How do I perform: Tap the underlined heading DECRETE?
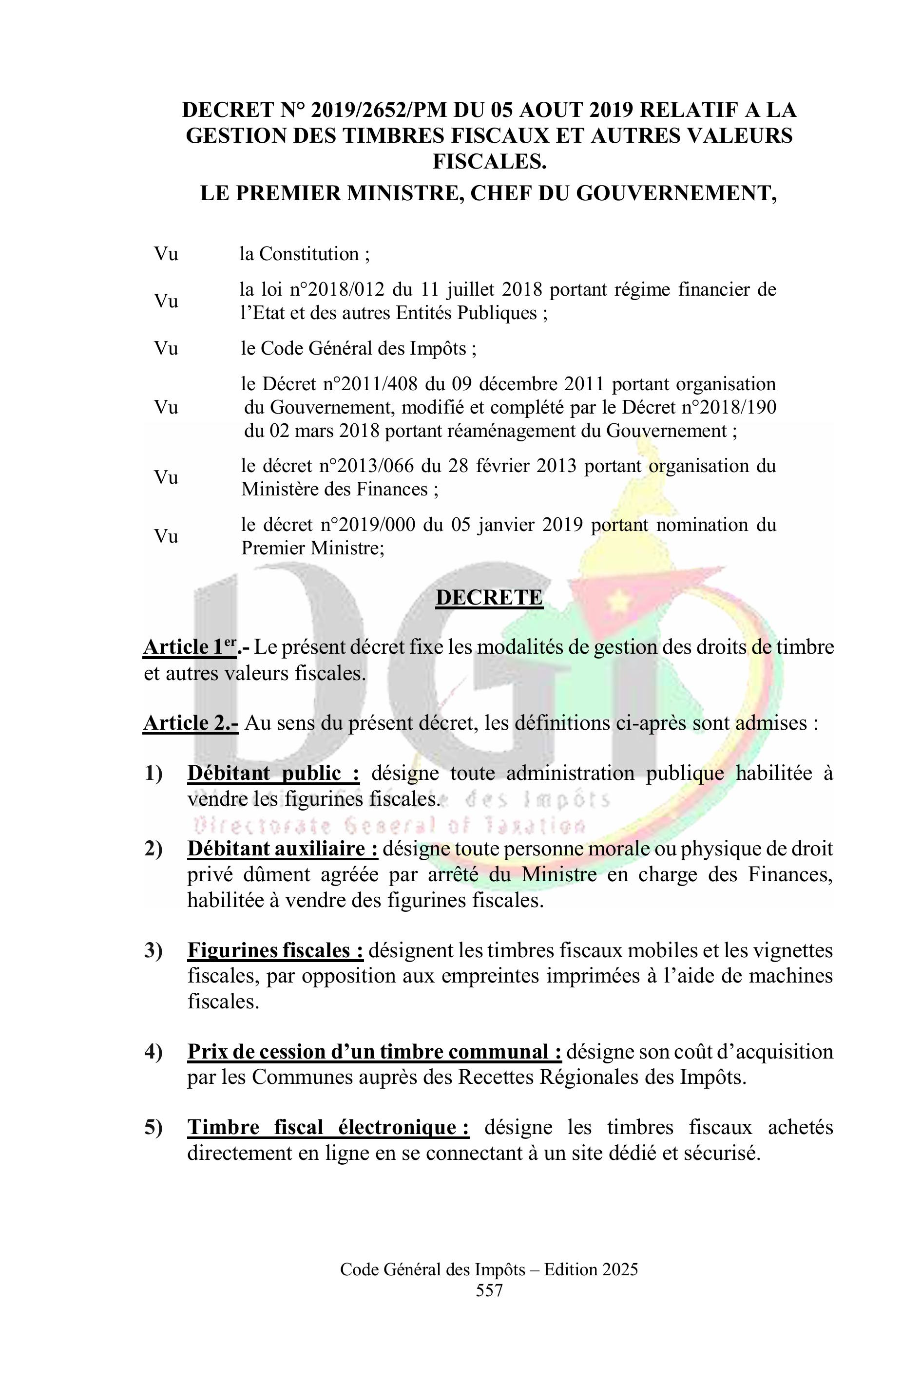click(x=489, y=597)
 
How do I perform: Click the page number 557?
click(x=489, y=1290)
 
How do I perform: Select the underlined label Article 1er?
click(x=190, y=647)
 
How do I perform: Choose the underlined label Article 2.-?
click(x=191, y=723)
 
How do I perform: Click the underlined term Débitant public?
click(x=273, y=773)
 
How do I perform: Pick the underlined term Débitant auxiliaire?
click(x=283, y=849)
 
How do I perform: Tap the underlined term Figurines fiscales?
click(x=275, y=950)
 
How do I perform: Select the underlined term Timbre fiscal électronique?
click(x=328, y=1127)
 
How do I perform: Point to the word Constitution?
click(x=309, y=254)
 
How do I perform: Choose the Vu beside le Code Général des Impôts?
click(x=166, y=348)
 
